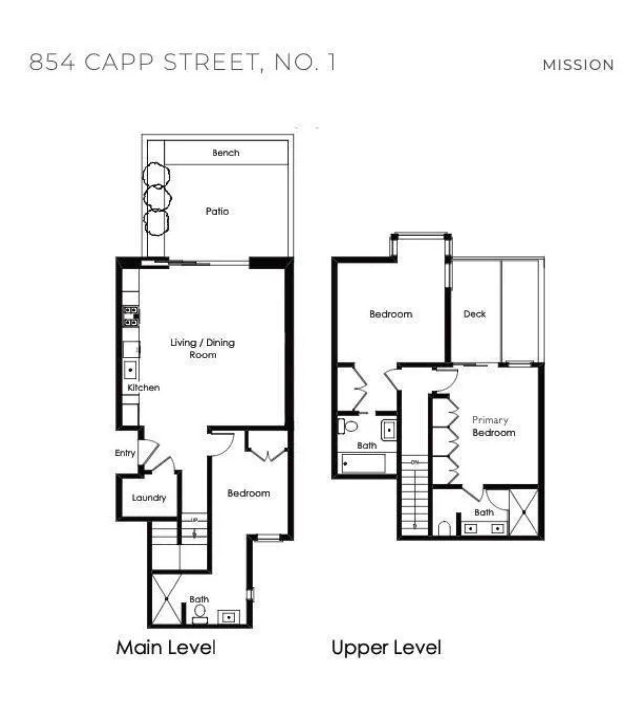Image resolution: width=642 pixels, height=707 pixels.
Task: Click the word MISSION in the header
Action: tap(578, 65)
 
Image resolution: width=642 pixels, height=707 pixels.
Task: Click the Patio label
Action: tap(217, 211)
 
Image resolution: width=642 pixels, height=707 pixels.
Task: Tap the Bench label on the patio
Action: tap(225, 153)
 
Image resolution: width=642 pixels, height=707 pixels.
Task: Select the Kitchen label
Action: tap(144, 387)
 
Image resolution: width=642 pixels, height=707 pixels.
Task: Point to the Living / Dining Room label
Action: tap(203, 349)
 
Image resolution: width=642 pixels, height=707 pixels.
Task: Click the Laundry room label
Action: tap(149, 498)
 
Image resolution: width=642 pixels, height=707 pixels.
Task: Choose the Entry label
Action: tap(125, 453)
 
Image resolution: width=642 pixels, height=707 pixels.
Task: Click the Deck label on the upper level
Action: tap(474, 314)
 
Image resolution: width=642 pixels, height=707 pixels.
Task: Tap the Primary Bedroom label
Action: tap(492, 426)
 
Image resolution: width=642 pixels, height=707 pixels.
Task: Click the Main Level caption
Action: tap(166, 648)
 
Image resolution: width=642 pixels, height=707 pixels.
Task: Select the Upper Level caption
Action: tap(386, 648)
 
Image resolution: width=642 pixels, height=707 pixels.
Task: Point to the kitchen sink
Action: tap(131, 370)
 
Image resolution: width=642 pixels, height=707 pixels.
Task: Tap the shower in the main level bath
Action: tap(166, 599)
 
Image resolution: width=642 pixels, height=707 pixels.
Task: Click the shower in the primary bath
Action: tap(524, 512)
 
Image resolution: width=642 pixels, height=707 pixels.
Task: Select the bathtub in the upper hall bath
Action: tap(364, 464)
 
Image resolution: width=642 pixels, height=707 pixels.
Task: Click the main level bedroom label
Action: tap(248, 493)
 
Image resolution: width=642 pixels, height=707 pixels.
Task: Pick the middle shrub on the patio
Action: tap(157, 197)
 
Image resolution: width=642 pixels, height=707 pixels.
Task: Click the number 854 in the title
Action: tap(52, 62)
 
